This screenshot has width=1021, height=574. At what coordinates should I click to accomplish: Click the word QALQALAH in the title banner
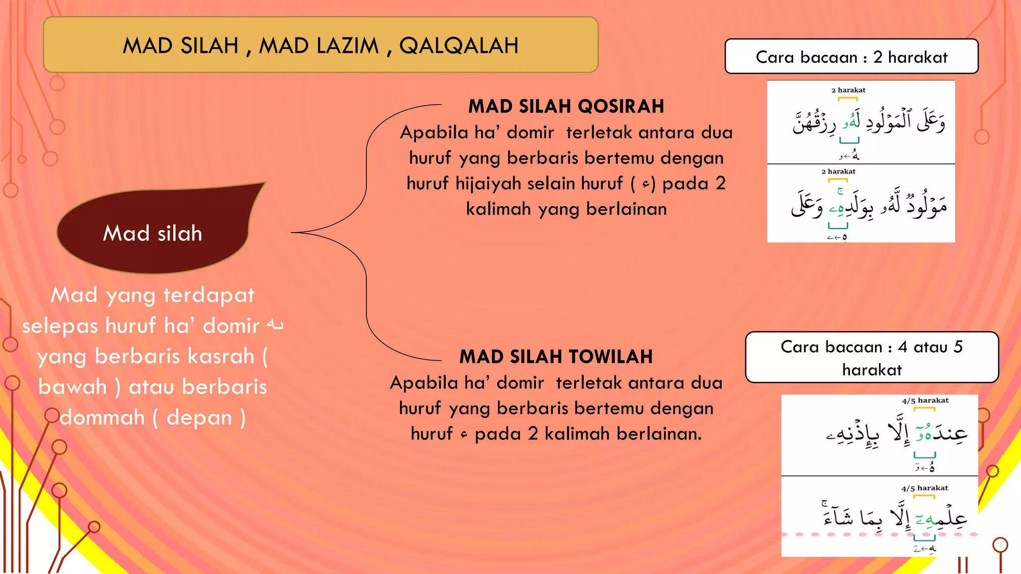tap(459, 46)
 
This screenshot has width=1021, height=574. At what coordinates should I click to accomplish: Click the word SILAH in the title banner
tap(209, 46)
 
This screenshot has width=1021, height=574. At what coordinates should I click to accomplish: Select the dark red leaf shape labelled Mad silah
tap(155, 232)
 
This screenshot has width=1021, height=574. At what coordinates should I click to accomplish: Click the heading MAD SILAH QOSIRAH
tap(566, 106)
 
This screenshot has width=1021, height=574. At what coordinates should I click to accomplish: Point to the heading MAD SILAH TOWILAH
tap(556, 357)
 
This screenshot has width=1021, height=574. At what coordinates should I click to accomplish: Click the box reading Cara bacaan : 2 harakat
tap(851, 57)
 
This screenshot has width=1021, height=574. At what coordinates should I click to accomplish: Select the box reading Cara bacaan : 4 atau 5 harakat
tap(871, 358)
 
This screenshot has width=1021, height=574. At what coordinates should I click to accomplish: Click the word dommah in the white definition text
tap(102, 418)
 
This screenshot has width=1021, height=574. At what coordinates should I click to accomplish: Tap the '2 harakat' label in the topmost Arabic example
tap(848, 90)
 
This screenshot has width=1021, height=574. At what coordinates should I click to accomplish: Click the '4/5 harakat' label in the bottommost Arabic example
tap(924, 488)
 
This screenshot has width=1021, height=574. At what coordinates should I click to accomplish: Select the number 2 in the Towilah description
tap(533, 433)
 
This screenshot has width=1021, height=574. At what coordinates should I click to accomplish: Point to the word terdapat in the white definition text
tap(209, 295)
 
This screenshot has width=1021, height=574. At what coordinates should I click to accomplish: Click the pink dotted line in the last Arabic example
tap(848, 534)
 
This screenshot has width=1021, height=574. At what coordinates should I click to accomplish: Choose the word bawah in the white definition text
tap(72, 387)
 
